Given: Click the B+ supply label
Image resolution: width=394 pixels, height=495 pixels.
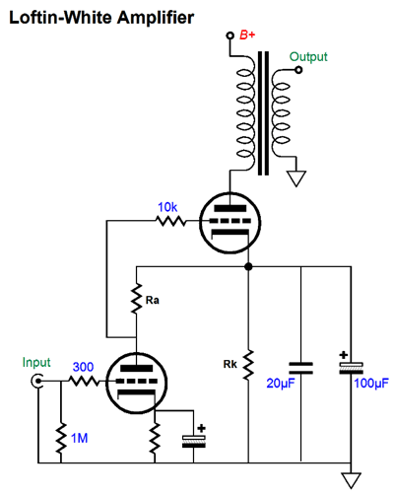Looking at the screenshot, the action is click(247, 35).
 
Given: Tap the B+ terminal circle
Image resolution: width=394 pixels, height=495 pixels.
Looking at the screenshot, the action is click(230, 35).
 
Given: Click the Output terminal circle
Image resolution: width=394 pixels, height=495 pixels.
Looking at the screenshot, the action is click(298, 70).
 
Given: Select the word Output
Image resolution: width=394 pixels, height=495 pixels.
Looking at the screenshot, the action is click(308, 57).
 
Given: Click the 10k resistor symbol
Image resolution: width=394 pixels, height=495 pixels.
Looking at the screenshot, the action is click(170, 221).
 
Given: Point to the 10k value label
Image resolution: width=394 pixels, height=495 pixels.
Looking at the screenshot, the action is click(167, 207).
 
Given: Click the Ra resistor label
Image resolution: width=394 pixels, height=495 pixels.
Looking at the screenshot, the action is click(153, 300).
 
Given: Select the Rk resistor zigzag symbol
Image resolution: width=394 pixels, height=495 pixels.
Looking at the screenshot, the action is click(248, 365).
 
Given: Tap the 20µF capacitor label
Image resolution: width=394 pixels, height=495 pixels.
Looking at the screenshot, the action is click(281, 384).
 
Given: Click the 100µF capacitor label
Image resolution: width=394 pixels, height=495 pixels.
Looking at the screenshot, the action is click(371, 384).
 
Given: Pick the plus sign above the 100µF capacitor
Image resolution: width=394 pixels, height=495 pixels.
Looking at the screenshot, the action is click(344, 355).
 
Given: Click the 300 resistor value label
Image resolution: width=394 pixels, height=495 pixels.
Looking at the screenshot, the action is click(83, 367).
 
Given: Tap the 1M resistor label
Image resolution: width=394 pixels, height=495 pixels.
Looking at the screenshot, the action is click(80, 438).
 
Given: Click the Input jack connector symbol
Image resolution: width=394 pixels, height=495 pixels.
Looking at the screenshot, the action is click(37, 382).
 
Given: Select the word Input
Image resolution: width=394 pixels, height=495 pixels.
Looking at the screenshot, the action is click(36, 363).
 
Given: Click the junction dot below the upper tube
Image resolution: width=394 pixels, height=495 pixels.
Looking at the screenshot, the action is click(248, 266).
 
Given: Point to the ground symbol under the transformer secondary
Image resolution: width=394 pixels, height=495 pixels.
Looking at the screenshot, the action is click(296, 178).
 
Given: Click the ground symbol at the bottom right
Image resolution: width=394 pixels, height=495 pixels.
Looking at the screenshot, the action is click(351, 480).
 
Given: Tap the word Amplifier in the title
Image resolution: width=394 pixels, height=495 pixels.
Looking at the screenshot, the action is click(156, 18).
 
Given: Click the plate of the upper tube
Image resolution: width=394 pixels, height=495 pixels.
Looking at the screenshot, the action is click(230, 208).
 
